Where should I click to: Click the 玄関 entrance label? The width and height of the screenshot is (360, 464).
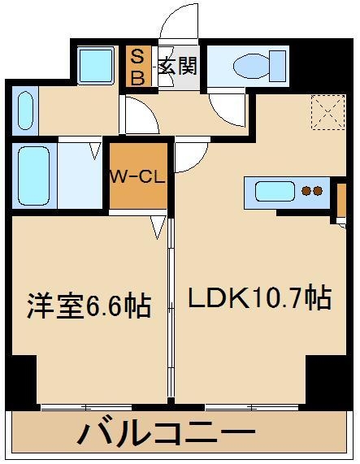[177, 65]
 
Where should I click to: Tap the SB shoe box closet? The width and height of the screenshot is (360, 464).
[138, 66]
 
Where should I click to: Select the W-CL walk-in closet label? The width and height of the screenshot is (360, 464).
[138, 177]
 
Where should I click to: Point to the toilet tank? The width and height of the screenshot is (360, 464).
[278, 66]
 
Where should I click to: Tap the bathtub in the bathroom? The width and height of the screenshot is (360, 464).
[34, 176]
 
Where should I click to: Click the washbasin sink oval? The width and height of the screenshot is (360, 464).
[25, 110]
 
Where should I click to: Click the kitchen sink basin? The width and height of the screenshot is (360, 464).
[275, 192]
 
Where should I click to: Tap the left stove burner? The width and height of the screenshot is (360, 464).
[306, 191]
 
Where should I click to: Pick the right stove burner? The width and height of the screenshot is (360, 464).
[317, 191]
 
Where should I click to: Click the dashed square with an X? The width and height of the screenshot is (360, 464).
[328, 112]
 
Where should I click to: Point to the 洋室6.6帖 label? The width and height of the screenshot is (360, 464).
[89, 306]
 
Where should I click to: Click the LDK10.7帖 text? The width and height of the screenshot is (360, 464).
[260, 297]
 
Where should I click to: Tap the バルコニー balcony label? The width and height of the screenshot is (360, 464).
[167, 433]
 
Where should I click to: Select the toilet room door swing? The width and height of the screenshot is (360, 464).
[228, 110]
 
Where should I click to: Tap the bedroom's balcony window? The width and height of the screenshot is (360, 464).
[86, 408]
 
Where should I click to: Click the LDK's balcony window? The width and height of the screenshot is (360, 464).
[252, 408]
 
